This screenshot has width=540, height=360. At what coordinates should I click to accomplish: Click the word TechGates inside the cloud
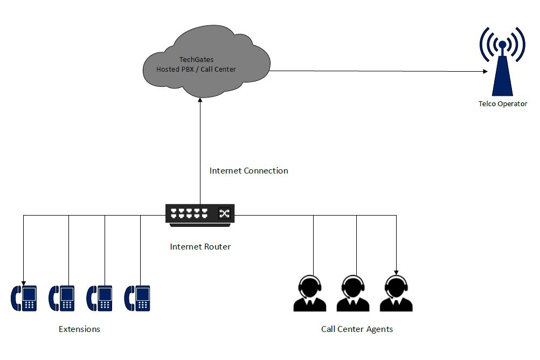tap(196, 60)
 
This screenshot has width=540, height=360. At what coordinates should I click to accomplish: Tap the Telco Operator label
tap(502, 103)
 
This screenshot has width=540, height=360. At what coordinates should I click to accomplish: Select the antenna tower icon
tap(502, 61)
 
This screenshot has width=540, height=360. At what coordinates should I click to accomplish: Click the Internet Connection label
tap(248, 170)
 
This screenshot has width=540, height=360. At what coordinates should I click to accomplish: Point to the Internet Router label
tap(200, 247)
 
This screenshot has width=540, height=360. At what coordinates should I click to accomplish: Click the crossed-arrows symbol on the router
tap(224, 213)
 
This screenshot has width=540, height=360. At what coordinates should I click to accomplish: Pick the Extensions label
tap(79, 329)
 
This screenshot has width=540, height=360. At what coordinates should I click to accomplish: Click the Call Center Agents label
tap(357, 329)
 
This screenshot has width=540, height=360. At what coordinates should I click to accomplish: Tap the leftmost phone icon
tap(24, 299)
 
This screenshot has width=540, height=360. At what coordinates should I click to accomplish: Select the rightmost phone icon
tap(137, 299)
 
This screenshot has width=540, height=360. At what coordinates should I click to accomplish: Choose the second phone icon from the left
tap(61, 299)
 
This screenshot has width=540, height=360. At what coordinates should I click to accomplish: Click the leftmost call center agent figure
tap(309, 294)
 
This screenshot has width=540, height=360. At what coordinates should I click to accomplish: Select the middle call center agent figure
tap(353, 294)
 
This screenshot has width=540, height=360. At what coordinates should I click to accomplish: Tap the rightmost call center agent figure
tap(396, 294)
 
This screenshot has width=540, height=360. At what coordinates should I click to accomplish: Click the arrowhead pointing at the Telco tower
tap(486, 72)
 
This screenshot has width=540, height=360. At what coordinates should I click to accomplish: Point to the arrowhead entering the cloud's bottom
tap(200, 100)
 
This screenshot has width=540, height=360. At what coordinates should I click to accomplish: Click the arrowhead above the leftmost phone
tap(23, 283)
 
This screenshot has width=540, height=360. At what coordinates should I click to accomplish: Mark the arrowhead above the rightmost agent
tap(396, 273)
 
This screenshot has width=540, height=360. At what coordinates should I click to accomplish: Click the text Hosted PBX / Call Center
tap(196, 69)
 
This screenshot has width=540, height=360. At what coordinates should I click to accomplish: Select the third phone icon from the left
tap(99, 299)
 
